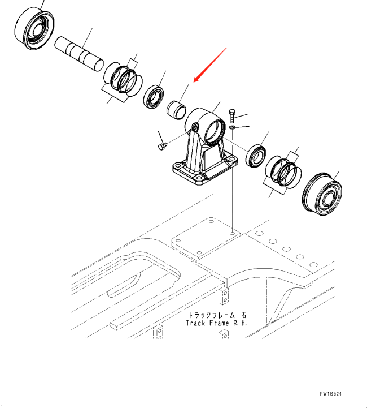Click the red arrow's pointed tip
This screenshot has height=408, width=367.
tap(194, 83)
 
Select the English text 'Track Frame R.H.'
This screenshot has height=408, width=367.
tap(217, 323)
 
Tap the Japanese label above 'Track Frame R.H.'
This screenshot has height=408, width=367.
tap(217, 315)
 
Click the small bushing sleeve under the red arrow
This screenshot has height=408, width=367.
tap(177, 108)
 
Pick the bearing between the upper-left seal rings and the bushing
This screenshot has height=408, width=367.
tap(153, 97)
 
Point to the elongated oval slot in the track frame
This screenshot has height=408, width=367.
tap(124, 282)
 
